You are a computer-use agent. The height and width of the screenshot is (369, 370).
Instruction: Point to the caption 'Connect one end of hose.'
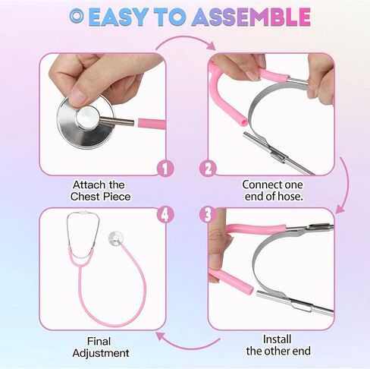[x=271, y=191]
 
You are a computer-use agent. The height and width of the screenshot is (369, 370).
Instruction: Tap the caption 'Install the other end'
[x=277, y=345]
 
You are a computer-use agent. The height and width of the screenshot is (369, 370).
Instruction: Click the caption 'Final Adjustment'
[x=100, y=347]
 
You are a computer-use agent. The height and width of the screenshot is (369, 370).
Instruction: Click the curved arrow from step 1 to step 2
[x=185, y=42]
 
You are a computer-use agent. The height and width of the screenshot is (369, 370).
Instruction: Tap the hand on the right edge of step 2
[x=324, y=83]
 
